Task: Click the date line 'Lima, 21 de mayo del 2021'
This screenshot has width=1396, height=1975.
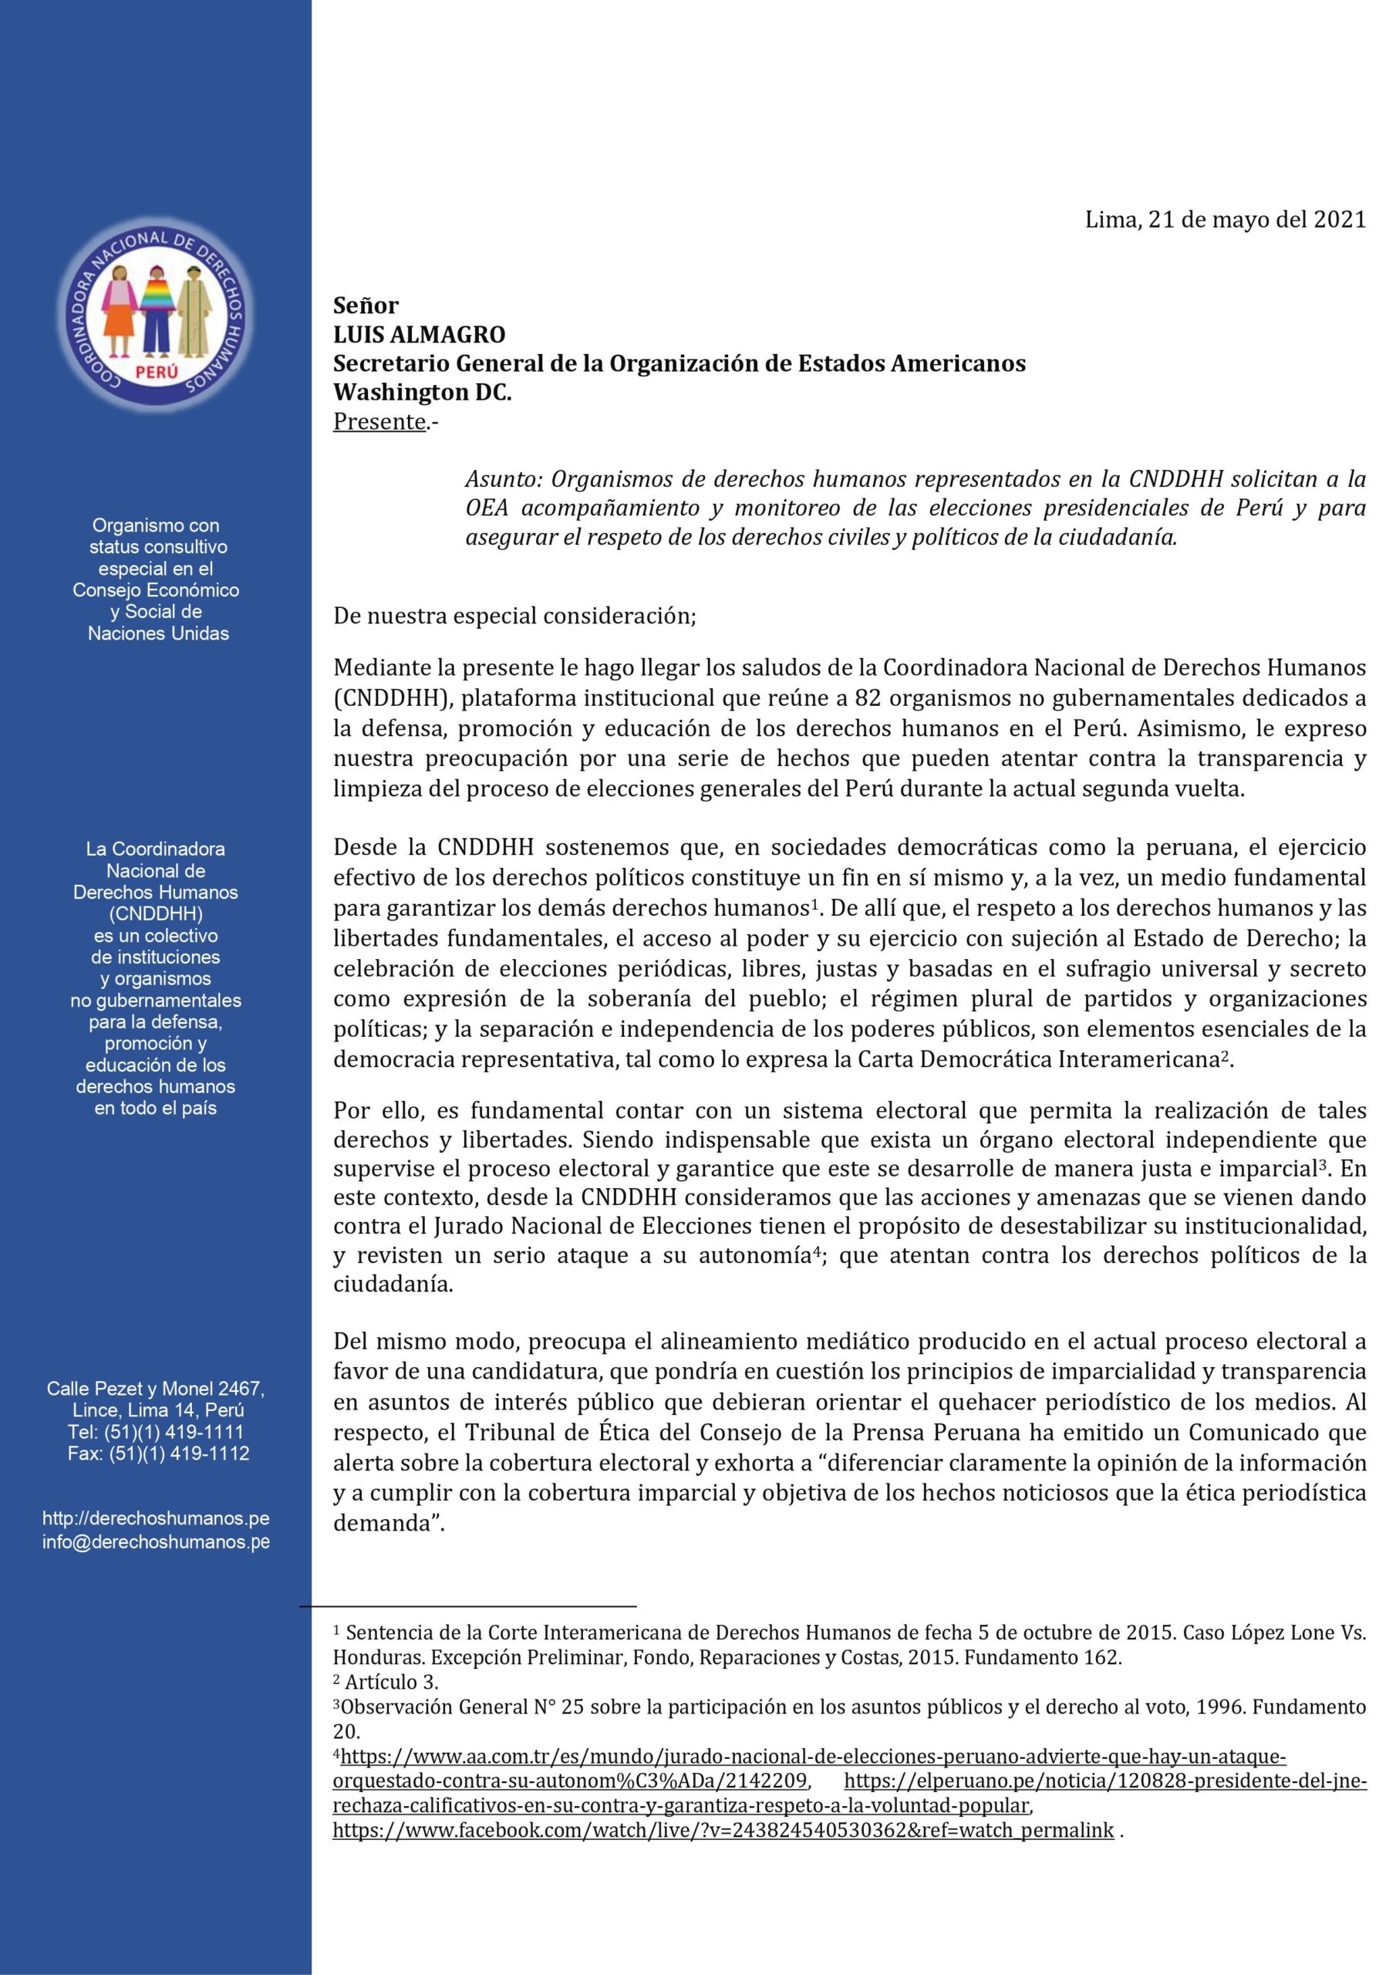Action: (1224, 220)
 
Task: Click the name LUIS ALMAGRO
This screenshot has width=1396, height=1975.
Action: (420, 334)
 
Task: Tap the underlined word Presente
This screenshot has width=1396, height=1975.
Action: (379, 422)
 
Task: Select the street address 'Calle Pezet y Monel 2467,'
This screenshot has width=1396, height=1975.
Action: (156, 1389)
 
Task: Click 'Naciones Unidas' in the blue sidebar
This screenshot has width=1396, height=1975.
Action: (158, 634)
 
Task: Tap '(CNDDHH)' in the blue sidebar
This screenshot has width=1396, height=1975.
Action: (156, 913)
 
